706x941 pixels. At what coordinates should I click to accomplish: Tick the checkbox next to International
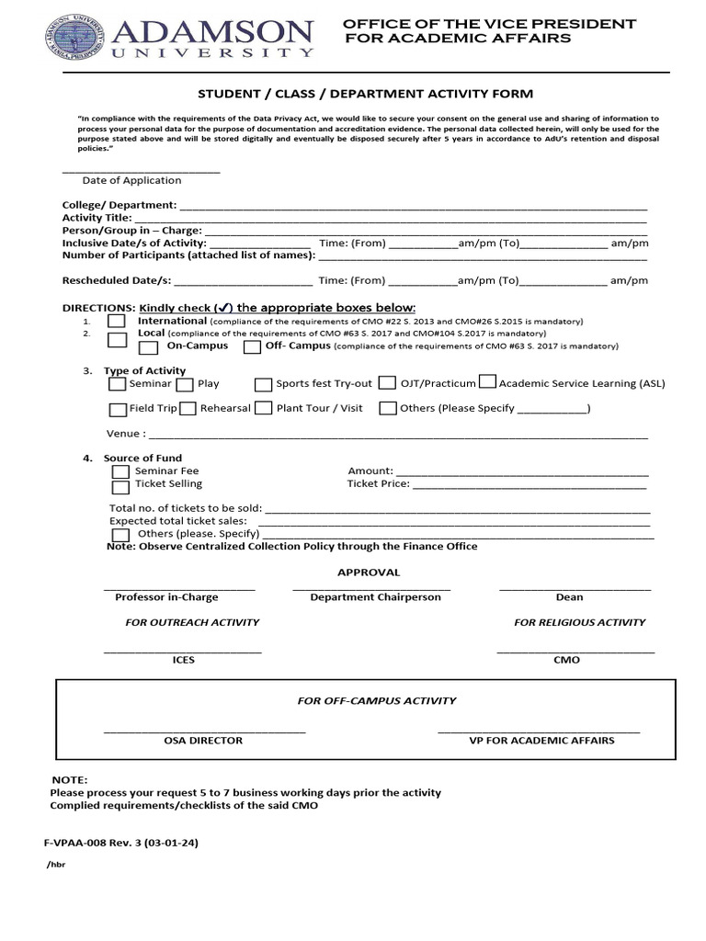pyautogui.click(x=117, y=322)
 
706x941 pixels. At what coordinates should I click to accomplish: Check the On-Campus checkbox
pyautogui.click(x=147, y=347)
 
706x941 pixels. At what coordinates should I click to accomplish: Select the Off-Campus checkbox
pyautogui.click(x=252, y=347)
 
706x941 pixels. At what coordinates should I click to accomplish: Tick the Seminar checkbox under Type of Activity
pyautogui.click(x=118, y=384)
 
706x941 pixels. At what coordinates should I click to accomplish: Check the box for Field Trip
pyautogui.click(x=118, y=409)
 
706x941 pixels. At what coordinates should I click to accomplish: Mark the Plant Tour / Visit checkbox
pyautogui.click(x=264, y=408)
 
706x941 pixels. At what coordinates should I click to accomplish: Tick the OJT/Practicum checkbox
pyautogui.click(x=387, y=383)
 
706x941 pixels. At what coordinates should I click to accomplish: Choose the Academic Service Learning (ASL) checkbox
pyautogui.click(x=488, y=382)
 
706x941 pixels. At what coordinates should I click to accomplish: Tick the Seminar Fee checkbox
pyautogui.click(x=120, y=471)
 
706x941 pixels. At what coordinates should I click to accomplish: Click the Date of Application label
pyautogui.click(x=131, y=181)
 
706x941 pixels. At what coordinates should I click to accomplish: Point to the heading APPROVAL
pyautogui.click(x=369, y=573)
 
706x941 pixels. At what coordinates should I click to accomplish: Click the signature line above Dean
pyautogui.click(x=575, y=587)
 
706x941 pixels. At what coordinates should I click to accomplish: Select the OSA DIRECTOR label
pyautogui.click(x=203, y=741)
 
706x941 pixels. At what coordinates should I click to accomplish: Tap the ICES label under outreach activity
pyautogui.click(x=183, y=661)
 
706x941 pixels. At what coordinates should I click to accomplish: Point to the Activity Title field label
pyautogui.click(x=97, y=218)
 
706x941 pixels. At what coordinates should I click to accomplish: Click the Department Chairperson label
pyautogui.click(x=375, y=597)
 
